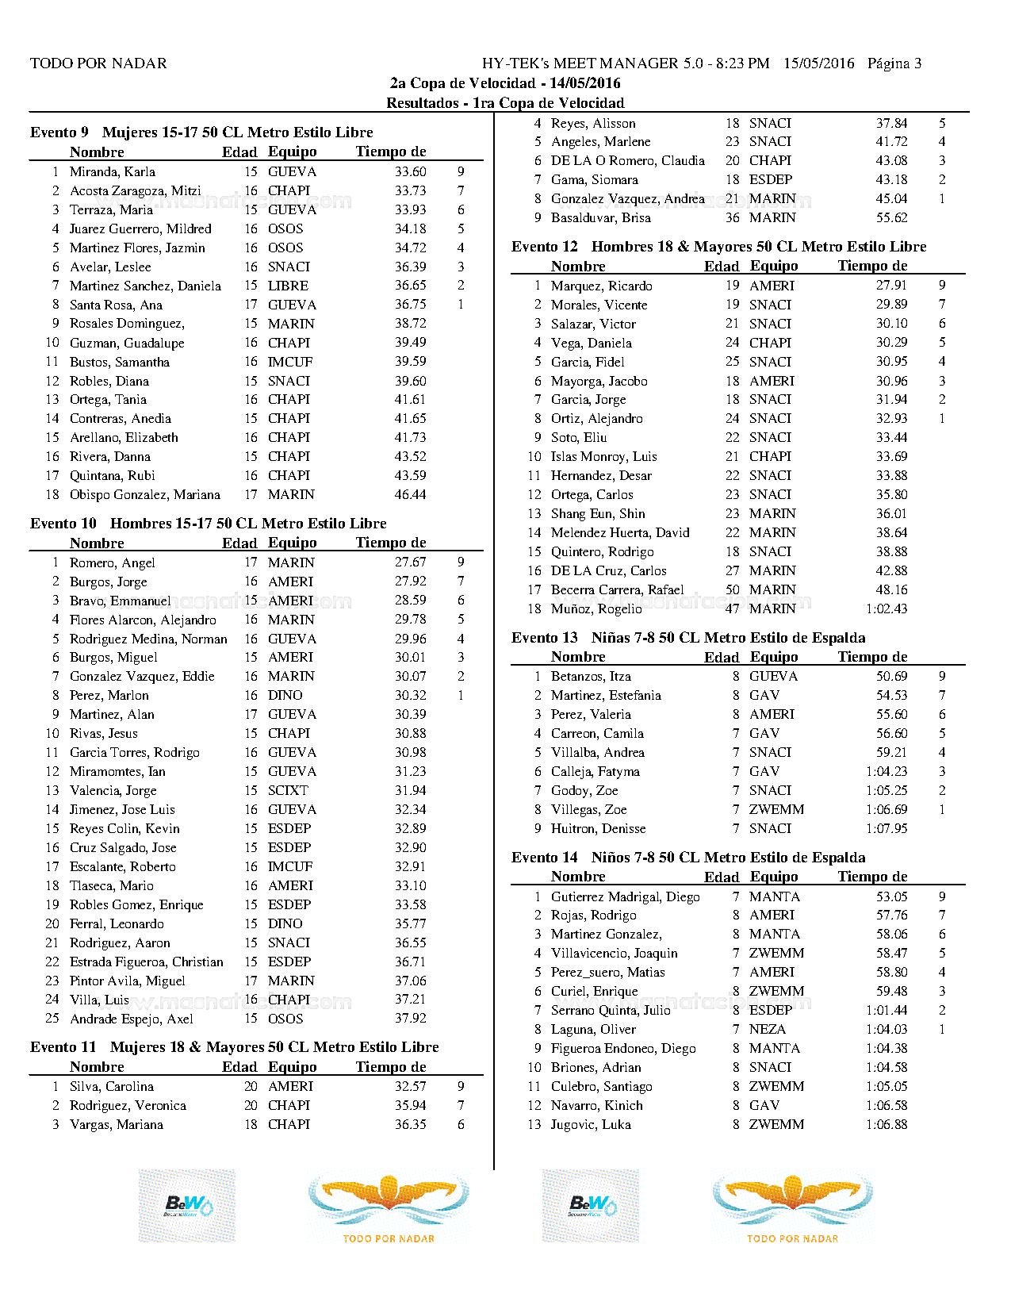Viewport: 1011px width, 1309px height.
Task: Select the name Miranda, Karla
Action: (113, 171)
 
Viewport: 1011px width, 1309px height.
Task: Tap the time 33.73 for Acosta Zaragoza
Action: (410, 190)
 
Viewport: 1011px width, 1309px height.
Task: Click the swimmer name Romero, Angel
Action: (113, 562)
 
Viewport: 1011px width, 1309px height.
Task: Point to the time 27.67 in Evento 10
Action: (410, 562)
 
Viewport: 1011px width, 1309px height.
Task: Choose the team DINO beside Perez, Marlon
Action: (285, 695)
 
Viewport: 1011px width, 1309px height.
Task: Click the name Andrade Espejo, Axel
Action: (132, 1019)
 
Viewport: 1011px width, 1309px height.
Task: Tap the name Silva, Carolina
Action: (112, 1086)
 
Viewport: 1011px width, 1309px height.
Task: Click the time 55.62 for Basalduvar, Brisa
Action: (891, 217)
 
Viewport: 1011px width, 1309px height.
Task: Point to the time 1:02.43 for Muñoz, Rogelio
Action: (887, 608)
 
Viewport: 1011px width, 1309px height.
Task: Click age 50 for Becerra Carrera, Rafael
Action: (732, 589)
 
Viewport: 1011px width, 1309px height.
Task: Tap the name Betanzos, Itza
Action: (592, 676)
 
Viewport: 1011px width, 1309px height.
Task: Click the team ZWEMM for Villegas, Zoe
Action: (776, 809)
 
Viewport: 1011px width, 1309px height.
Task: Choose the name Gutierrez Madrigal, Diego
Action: (626, 896)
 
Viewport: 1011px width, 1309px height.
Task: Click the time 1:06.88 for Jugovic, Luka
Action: (887, 1124)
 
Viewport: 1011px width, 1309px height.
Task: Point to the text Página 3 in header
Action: (894, 63)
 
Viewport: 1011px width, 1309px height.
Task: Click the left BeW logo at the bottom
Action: (187, 1206)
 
